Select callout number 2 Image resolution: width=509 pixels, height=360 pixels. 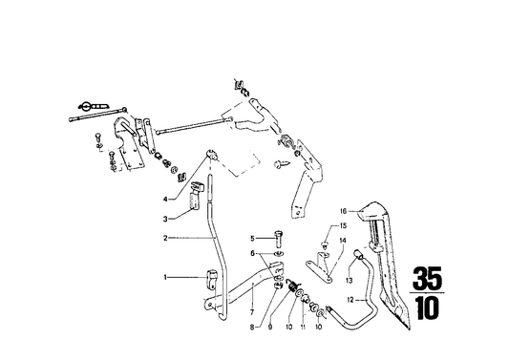click(164, 238)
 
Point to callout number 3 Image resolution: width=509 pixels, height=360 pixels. click(164, 219)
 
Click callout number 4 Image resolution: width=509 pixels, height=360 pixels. click(164, 199)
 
